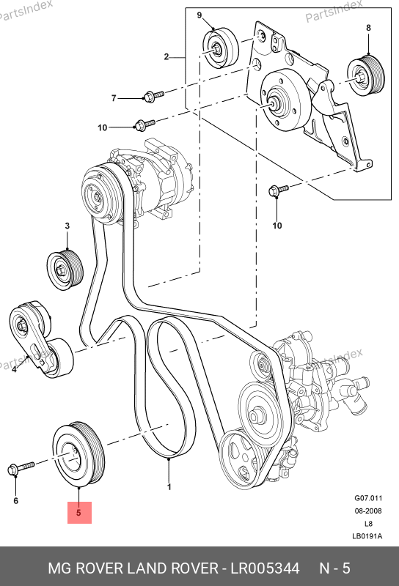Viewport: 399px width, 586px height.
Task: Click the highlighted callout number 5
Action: (78, 512)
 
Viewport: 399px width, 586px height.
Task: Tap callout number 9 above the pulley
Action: (199, 15)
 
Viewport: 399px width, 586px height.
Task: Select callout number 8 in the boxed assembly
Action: (368, 28)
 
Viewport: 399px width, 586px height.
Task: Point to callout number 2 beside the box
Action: (166, 57)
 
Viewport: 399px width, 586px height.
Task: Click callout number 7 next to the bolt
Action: (114, 98)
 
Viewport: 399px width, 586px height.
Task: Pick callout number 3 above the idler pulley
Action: (67, 226)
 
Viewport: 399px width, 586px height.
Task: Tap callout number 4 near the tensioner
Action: (14, 369)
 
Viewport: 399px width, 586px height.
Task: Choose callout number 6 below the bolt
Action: (15, 500)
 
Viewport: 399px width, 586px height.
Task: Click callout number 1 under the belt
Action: (169, 487)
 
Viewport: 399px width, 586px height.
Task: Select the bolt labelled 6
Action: (21, 468)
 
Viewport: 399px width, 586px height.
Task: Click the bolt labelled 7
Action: (153, 97)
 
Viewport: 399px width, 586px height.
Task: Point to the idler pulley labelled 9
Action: (220, 48)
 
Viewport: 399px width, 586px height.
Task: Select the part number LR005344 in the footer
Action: (265, 568)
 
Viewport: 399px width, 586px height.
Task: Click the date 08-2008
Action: (368, 511)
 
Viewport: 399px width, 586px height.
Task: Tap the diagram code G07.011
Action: (368, 498)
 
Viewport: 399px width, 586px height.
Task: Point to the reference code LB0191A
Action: (367, 536)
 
